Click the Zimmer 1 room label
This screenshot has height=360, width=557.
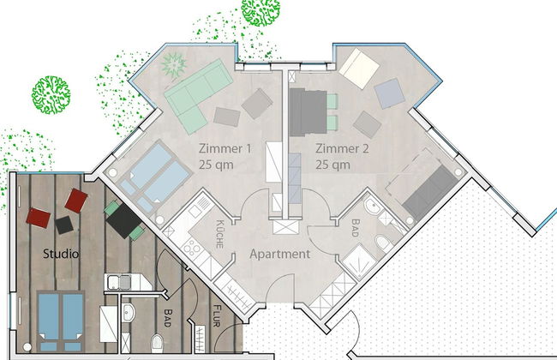pyautogui.click(x=225, y=148)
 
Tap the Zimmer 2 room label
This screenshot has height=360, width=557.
pyautogui.click(x=342, y=148)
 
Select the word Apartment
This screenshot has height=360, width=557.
pyautogui.click(x=279, y=254)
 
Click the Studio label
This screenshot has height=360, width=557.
pyautogui.click(x=61, y=254)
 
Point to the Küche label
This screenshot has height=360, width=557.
pyautogui.click(x=220, y=234)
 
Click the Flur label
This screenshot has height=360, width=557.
pyautogui.click(x=217, y=315)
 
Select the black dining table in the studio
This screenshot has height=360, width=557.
pyautogui.click(x=124, y=220)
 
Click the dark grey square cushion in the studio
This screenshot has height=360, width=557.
pyautogui.click(x=64, y=225)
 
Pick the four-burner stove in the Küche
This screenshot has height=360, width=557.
pyautogui.click(x=192, y=247)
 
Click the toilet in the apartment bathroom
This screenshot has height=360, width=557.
pyautogui.click(x=384, y=243)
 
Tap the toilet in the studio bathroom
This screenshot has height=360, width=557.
pyautogui.click(x=157, y=343)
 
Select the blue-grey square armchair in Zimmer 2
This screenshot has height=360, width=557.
pyautogui.click(x=389, y=93)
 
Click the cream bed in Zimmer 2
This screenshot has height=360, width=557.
pyautogui.click(x=359, y=69)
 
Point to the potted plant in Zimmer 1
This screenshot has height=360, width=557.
pyautogui.click(x=174, y=64)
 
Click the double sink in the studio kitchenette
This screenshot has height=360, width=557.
pyautogui.click(x=119, y=282)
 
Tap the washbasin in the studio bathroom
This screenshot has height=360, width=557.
pyautogui.click(x=128, y=313)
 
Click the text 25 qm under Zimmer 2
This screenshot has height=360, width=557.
pyautogui.click(x=332, y=165)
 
